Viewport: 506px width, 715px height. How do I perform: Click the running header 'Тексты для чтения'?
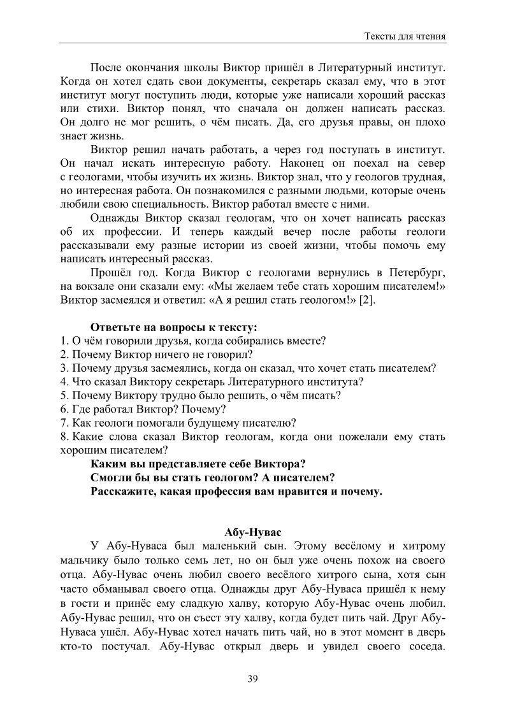pyautogui.click(x=404, y=36)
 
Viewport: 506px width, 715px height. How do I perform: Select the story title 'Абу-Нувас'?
pyautogui.click(x=252, y=531)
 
